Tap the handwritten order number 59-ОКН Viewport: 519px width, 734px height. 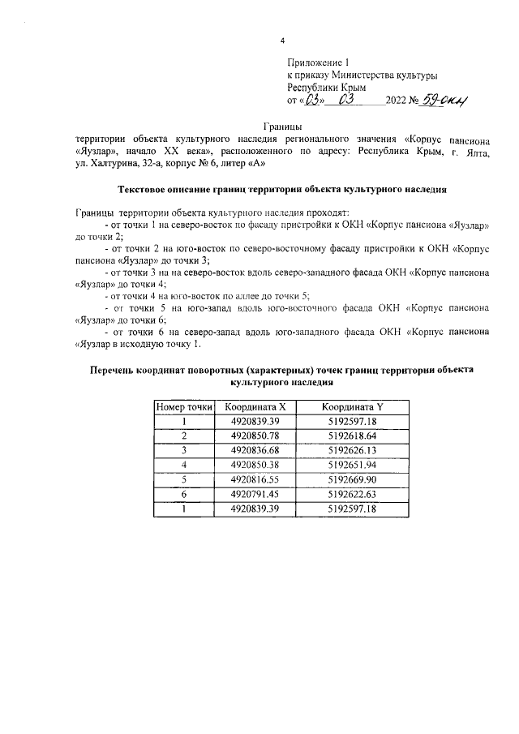(445, 101)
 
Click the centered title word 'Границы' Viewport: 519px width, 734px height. (281, 127)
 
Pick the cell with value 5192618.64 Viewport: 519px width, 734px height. (349, 436)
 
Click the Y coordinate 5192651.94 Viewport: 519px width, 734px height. (349, 464)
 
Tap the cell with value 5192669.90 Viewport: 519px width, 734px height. (349, 479)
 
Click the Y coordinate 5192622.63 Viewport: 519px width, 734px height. (349, 493)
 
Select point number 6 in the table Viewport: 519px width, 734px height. (184, 493)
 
